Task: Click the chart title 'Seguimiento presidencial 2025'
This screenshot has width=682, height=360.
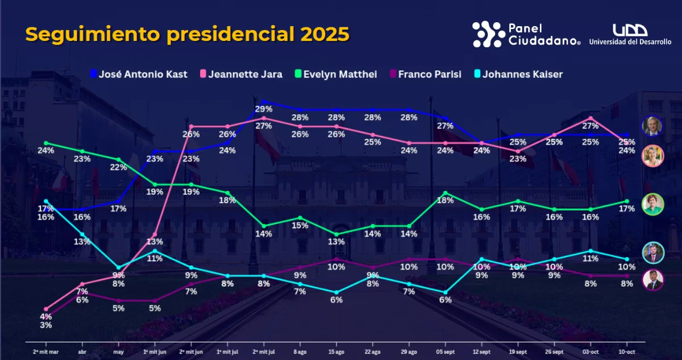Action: coord(187,35)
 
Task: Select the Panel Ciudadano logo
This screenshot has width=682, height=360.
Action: coord(526,34)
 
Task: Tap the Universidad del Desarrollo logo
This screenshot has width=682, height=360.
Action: coord(630,34)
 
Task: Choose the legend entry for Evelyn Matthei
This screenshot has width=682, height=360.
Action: coord(335,74)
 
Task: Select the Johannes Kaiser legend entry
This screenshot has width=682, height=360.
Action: coord(517,74)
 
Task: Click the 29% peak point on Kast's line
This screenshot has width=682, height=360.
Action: coord(264,102)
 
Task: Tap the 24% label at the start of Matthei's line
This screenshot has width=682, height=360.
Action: coord(46,151)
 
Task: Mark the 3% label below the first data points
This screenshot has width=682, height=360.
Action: coord(46,325)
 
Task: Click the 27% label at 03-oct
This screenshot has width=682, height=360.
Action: coord(590,126)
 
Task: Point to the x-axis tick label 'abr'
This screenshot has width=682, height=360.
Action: coord(82,351)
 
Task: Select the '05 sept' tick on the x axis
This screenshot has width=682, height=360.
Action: coord(445,351)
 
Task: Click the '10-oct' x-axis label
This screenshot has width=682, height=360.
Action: coord(626,351)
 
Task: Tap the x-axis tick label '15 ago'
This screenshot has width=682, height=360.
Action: coord(336,351)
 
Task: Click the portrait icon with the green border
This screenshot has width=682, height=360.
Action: coord(653,204)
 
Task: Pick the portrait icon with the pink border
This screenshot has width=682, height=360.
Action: coord(653,156)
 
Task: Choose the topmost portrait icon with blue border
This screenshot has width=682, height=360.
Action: coord(653,126)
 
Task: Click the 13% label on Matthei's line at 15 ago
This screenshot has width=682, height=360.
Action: coord(336,242)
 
